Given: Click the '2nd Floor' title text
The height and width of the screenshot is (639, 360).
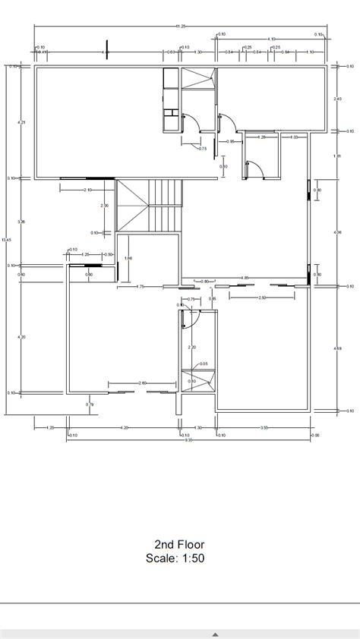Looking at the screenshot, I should point(179,544).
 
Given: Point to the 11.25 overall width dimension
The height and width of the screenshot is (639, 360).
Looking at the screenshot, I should point(180,27).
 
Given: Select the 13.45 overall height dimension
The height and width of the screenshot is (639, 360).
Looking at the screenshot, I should point(8,241).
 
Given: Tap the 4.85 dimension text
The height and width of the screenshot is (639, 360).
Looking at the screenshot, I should point(245,277).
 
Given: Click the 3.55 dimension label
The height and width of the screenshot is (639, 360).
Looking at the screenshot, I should point(264,428).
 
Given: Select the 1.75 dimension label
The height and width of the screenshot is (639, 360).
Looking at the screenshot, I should point(141,286).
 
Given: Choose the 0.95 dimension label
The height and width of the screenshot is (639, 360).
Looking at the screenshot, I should point(231,141).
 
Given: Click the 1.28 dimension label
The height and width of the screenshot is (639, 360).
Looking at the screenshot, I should point(262,137).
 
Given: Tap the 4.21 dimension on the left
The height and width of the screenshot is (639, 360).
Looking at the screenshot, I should point(22,122).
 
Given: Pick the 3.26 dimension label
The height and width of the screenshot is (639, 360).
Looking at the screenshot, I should point(22,222).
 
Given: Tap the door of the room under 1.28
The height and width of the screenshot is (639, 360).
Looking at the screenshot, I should point(254,168).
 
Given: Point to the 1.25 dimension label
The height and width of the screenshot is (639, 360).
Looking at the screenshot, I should point(86,254).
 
